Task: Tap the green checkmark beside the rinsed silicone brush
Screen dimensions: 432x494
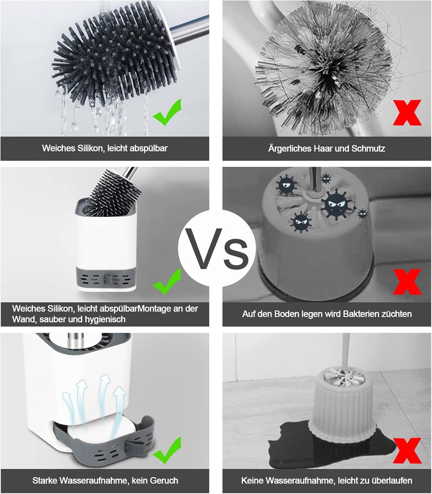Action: point(167,113)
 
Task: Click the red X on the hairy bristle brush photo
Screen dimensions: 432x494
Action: point(407,113)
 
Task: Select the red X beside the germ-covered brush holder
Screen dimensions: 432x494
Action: point(407,282)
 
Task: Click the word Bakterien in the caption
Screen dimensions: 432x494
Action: point(361,314)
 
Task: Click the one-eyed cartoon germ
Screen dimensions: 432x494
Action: point(286,185)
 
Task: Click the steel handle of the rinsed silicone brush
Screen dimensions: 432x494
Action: point(190,30)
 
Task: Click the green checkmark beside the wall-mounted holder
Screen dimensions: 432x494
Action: point(167,282)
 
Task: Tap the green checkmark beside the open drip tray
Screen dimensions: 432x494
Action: point(167,451)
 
